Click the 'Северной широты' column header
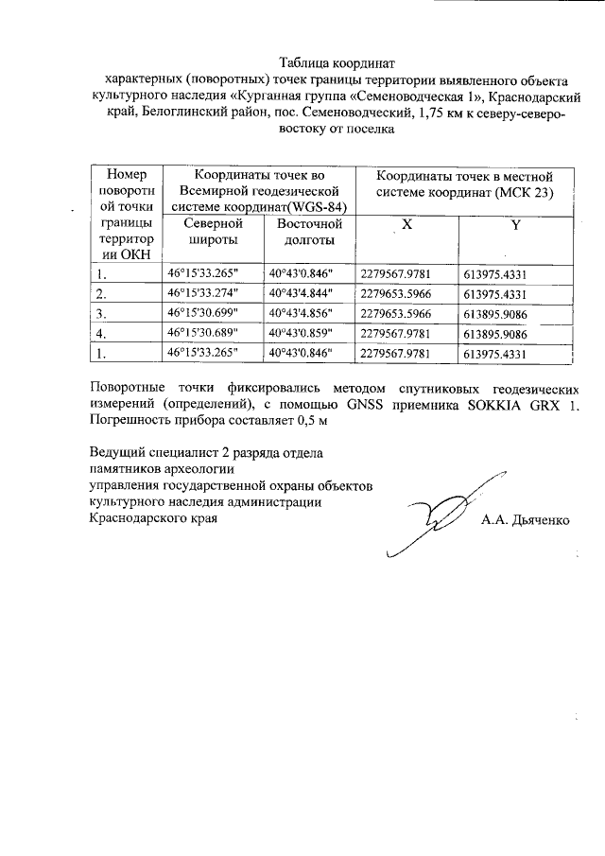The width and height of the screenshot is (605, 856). coord(213,233)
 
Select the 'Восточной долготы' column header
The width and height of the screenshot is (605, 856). coord(309,233)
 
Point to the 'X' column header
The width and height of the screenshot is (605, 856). coord(406,225)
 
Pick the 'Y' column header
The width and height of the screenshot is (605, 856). coord(515,225)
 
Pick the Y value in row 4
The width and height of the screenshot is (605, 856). coord(509,333)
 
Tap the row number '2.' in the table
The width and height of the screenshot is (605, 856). coord(101,293)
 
